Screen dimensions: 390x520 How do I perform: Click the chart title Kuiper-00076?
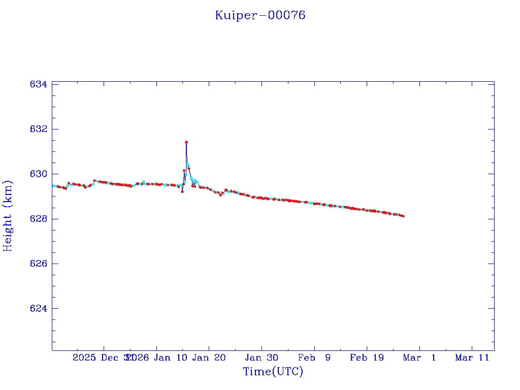click(260, 15)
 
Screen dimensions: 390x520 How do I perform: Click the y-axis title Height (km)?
click(8, 216)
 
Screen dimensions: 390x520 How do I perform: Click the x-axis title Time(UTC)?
click(273, 372)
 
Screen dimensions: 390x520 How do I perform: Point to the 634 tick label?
click(39, 84)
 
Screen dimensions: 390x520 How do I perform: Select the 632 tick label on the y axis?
click(39, 129)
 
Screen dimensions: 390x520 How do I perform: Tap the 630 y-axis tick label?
click(39, 174)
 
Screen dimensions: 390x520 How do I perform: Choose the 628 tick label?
click(39, 219)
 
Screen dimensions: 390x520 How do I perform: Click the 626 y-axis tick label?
click(39, 264)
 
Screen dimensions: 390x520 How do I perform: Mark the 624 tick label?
click(39, 309)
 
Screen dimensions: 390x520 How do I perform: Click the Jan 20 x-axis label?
click(209, 357)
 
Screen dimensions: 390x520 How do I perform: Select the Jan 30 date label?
click(262, 357)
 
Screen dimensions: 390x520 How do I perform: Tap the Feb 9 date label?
click(314, 357)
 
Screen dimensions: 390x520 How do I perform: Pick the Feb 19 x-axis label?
click(367, 357)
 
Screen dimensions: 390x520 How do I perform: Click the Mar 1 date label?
click(419, 357)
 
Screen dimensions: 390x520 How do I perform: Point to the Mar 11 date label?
click(472, 357)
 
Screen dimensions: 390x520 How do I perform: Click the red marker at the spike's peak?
click(186, 142)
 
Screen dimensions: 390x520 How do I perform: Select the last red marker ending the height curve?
click(403, 216)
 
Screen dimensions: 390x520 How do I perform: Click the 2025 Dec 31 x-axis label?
click(103, 357)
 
